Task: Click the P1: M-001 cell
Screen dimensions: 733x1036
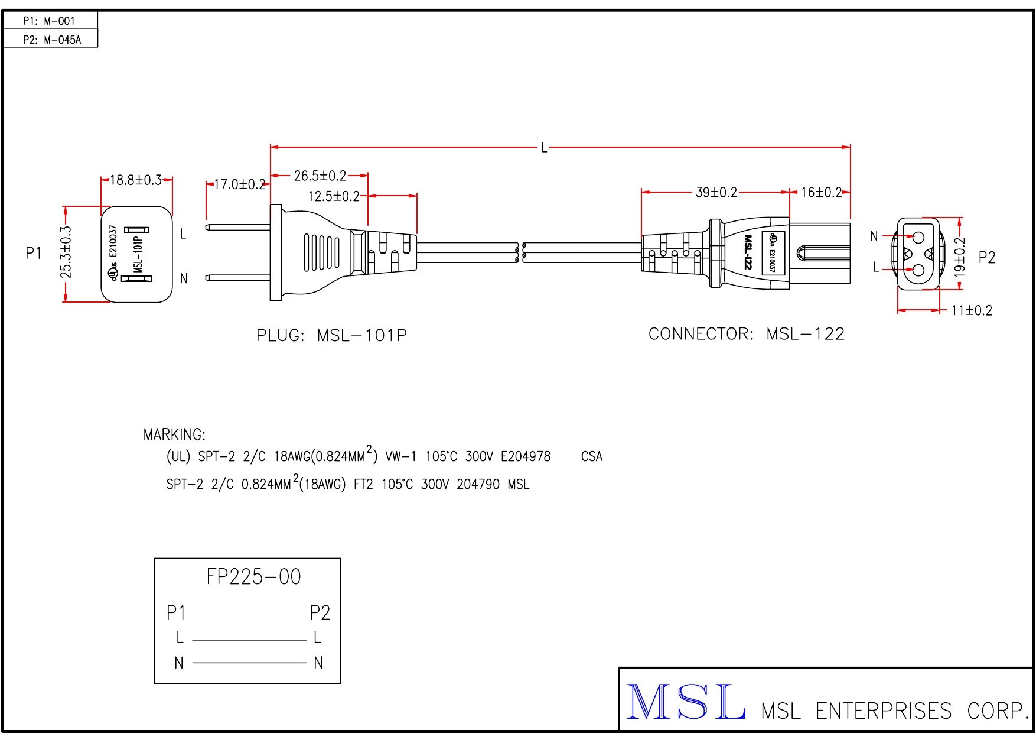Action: click(50, 21)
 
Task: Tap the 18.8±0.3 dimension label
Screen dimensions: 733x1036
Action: click(136, 180)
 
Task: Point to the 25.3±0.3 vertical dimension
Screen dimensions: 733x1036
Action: click(66, 252)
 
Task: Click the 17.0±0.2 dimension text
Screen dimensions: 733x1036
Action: click(239, 184)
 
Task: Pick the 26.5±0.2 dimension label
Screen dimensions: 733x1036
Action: click(320, 176)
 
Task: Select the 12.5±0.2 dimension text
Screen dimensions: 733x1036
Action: click(334, 196)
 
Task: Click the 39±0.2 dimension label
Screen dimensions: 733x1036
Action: click(716, 192)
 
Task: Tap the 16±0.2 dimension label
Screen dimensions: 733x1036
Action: click(821, 192)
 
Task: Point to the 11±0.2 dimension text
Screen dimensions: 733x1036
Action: click(972, 310)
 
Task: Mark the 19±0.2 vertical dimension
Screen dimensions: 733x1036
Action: click(960, 257)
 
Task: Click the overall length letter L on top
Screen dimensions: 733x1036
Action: click(544, 147)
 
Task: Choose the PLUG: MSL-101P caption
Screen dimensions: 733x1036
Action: click(331, 335)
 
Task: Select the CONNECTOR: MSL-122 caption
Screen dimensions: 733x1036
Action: click(747, 334)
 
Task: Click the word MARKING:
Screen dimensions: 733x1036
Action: click(174, 435)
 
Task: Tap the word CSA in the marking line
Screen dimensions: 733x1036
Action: click(592, 456)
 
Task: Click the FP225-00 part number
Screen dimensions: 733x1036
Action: click(253, 576)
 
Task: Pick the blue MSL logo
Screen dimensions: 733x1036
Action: click(685, 702)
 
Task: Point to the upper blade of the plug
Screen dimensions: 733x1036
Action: click(237, 227)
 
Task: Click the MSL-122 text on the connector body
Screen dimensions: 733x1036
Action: click(748, 252)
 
